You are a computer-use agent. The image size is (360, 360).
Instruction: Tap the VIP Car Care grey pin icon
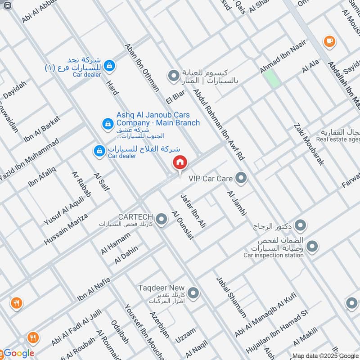[x=242, y=178]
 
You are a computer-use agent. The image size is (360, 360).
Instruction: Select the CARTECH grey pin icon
[x=162, y=219]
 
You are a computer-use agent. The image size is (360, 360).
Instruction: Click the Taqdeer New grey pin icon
[x=193, y=293]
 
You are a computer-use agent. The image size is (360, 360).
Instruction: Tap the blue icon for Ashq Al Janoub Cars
[x=107, y=122]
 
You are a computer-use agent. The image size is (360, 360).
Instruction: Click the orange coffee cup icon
[x=329, y=41]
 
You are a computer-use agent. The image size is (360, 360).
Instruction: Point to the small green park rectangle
[x=271, y=78]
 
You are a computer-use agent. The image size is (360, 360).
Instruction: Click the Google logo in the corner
[x=18, y=353]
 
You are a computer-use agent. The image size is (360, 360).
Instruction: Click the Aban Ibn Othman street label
[x=142, y=67]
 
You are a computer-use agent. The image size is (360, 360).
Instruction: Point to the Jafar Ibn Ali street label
[x=193, y=210]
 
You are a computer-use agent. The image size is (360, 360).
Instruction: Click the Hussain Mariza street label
[x=66, y=229]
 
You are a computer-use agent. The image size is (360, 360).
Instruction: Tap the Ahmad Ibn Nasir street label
[x=283, y=56]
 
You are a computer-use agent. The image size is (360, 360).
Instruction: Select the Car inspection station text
[x=274, y=256]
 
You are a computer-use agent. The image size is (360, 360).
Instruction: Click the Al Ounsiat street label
[x=183, y=225]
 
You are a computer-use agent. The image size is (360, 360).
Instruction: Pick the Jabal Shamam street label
[x=231, y=297]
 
